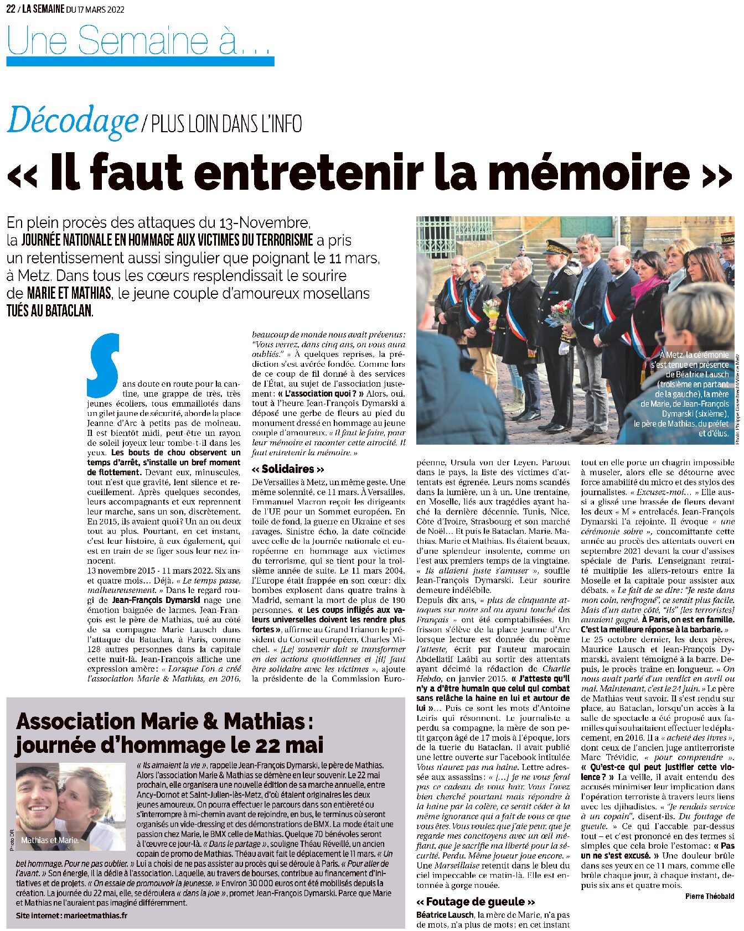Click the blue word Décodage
point(72,121)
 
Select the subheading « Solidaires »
point(288,469)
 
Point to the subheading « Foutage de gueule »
point(476,902)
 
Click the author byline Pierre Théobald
point(709,896)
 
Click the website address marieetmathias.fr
point(95,916)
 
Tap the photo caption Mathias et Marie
point(50,840)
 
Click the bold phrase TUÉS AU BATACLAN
point(49,311)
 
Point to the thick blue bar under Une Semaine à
point(140,61)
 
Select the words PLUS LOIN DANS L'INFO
point(226,124)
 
